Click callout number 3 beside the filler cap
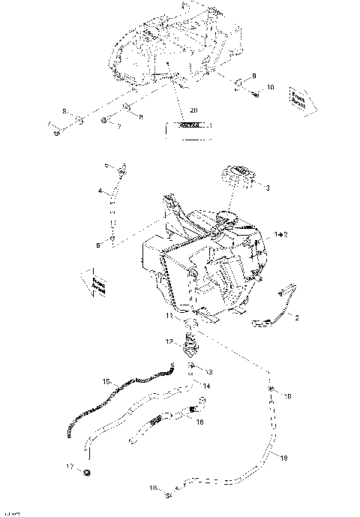click(267, 187)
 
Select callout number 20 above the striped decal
click(193, 110)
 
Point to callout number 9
click(253, 76)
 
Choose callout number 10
click(271, 88)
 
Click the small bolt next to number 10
click(256, 94)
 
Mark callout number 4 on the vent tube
click(100, 192)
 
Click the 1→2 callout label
click(281, 235)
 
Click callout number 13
click(209, 372)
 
